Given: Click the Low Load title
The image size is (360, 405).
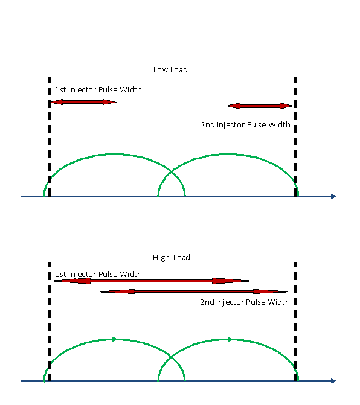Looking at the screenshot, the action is pyautogui.click(x=170, y=70).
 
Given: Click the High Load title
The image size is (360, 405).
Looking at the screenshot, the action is pyautogui.click(x=172, y=258).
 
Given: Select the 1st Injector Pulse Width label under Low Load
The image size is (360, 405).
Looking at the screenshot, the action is pyautogui.click(x=98, y=90).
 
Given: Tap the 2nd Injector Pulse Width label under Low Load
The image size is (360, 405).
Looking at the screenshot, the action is pyautogui.click(x=245, y=125).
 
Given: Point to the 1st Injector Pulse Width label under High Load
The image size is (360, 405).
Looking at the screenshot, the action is pyautogui.click(x=98, y=274).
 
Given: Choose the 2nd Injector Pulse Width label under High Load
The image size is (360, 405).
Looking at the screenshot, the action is pyautogui.click(x=245, y=302).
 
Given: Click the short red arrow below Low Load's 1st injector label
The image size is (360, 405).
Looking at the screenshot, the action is pyautogui.click(x=83, y=102).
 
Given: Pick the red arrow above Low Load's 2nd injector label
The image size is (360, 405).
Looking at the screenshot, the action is pyautogui.click(x=260, y=106).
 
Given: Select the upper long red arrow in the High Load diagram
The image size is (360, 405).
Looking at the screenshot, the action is pyautogui.click(x=152, y=281).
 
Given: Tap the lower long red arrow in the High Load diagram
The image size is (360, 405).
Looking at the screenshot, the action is pyautogui.click(x=194, y=292).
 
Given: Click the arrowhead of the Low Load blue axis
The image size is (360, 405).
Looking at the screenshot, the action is pyautogui.click(x=333, y=197).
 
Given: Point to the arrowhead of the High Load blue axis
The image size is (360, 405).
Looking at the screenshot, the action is pyautogui.click(x=333, y=381).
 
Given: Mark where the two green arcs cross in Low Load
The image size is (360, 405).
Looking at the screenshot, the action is pyautogui.click(x=172, y=171).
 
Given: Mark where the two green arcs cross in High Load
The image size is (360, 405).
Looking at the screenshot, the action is pyautogui.click(x=172, y=357).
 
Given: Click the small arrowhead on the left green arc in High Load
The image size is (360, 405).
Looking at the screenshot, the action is pyautogui.click(x=114, y=340).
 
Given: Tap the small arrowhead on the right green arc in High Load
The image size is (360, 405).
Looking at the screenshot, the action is pyautogui.click(x=230, y=339).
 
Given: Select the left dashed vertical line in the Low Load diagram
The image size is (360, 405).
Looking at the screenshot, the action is pyautogui.click(x=50, y=137).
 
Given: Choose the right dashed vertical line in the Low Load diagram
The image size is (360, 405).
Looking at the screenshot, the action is pyautogui.click(x=295, y=137).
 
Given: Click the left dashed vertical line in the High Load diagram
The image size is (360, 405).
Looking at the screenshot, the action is pyautogui.click(x=50, y=322).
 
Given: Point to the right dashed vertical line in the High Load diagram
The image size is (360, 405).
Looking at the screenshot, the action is pyautogui.click(x=295, y=322).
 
